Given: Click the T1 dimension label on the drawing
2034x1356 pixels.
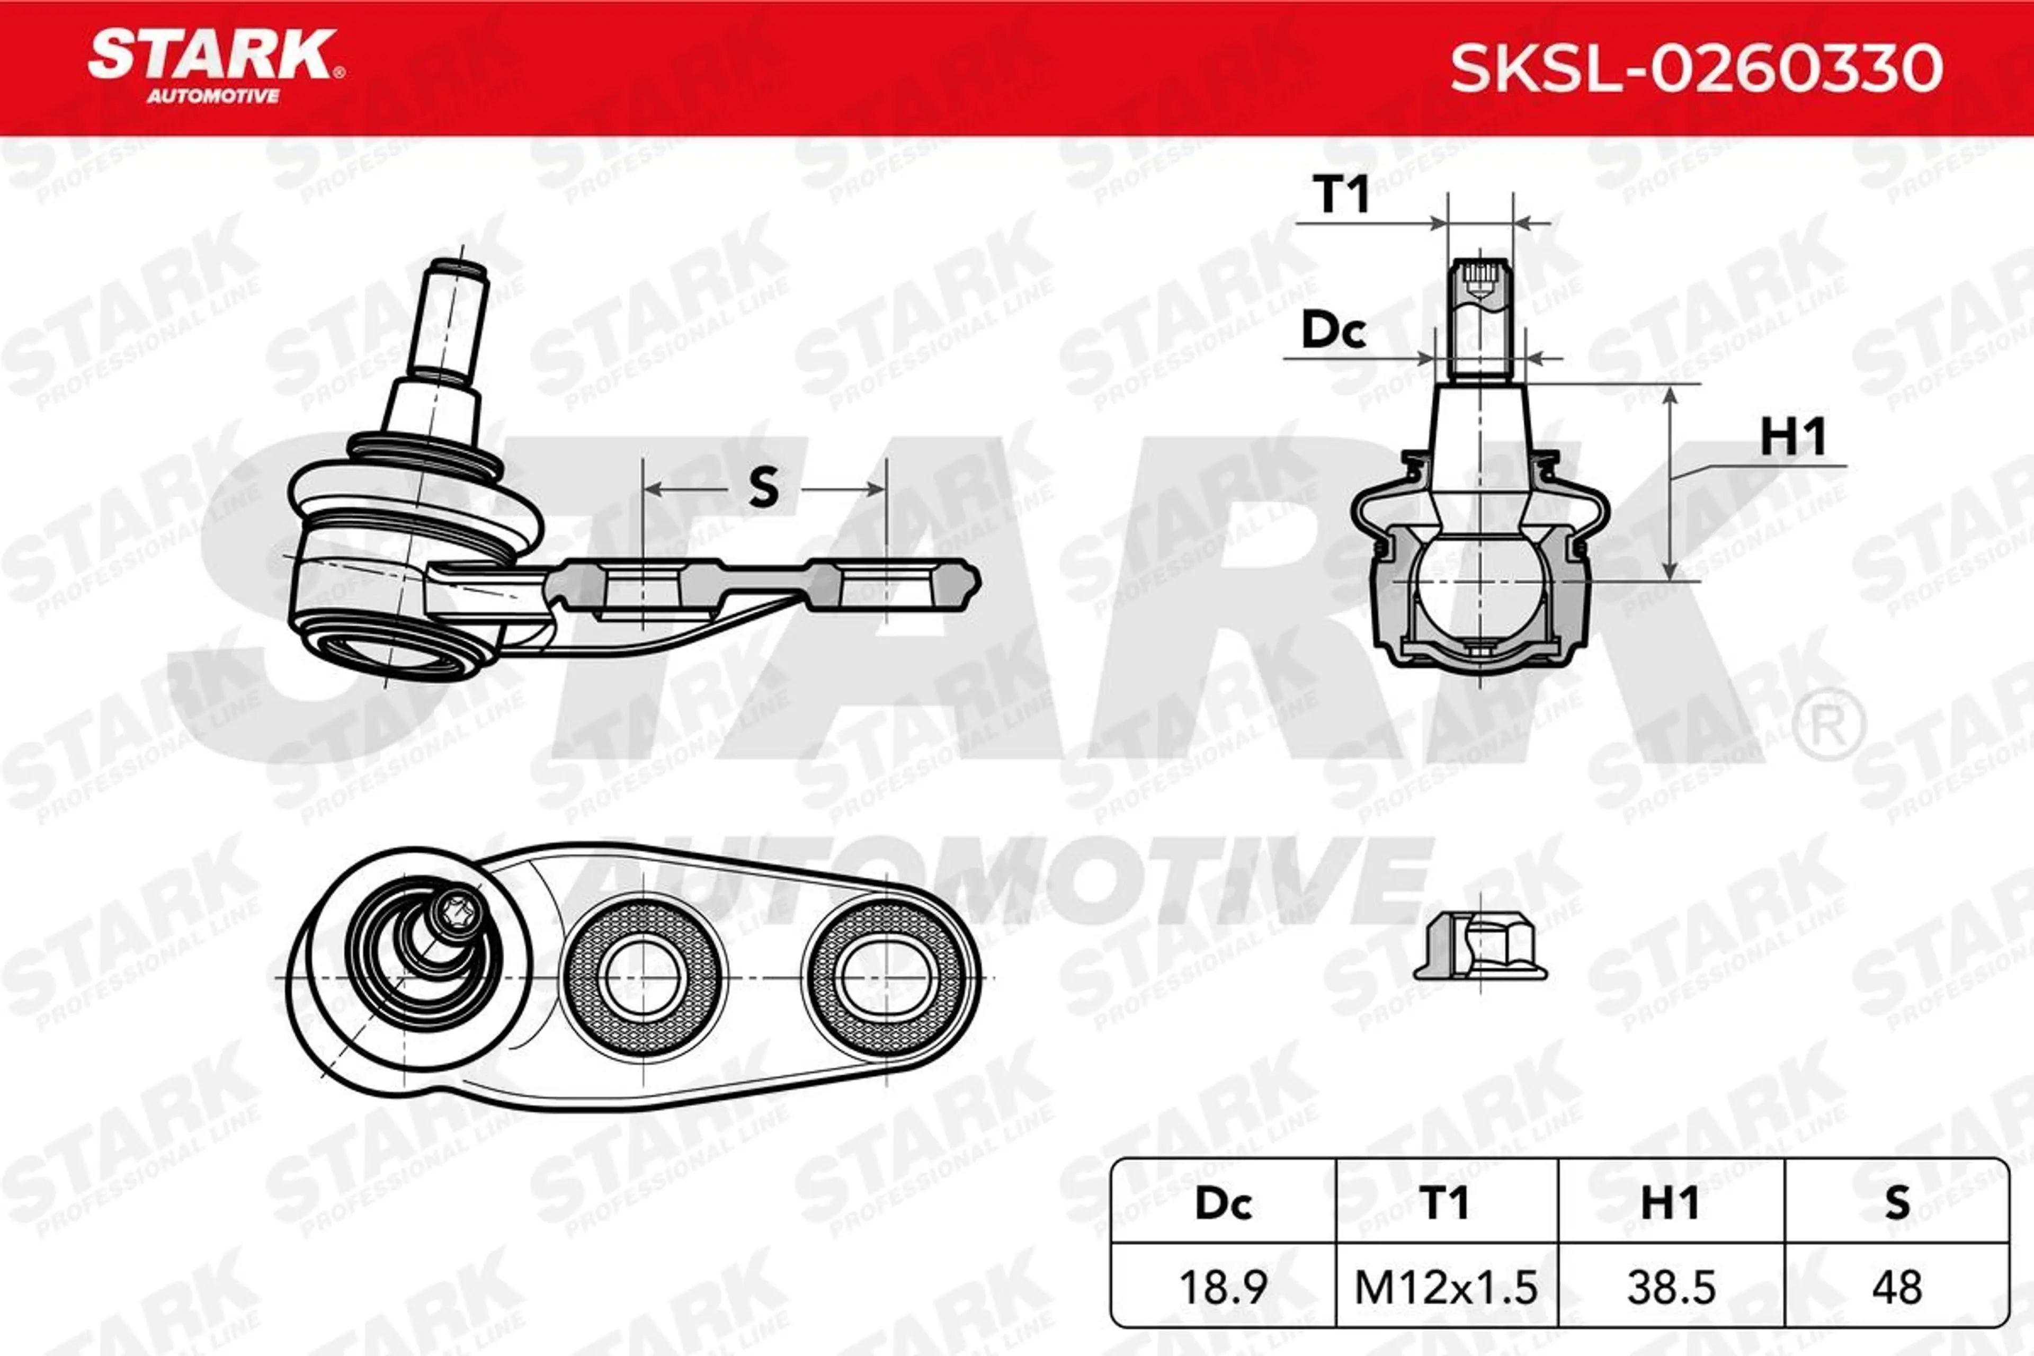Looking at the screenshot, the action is pos(1341,194).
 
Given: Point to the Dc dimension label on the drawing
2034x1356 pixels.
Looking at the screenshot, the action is pos(1334,331).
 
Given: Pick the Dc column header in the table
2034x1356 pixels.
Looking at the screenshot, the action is pos(1223,1203).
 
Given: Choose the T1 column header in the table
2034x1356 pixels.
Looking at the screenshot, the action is pos(1444,1203).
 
